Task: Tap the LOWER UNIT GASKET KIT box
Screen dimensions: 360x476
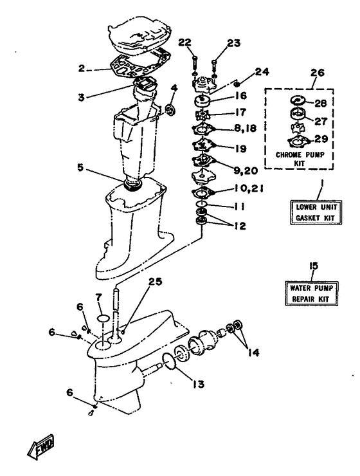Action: (x=316, y=212)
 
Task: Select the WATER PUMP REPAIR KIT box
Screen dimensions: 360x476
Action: (x=311, y=293)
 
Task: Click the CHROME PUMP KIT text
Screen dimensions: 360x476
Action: (x=300, y=158)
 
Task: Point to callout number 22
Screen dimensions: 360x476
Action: (x=185, y=42)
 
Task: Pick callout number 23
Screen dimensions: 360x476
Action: (x=233, y=43)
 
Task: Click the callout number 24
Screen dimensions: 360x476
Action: (x=262, y=72)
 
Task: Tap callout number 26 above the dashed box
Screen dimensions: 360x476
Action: (x=317, y=73)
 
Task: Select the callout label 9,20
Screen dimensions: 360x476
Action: (x=245, y=170)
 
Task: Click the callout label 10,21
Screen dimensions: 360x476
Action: (x=248, y=189)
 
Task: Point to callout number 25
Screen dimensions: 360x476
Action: (x=155, y=281)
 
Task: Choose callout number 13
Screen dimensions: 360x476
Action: (x=198, y=384)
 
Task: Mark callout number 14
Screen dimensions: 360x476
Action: (x=253, y=352)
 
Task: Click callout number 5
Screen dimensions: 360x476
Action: (x=80, y=167)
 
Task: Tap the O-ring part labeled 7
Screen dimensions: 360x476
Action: (x=103, y=318)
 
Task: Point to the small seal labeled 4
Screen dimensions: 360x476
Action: (x=171, y=109)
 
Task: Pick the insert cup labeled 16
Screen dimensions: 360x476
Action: (x=201, y=101)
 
